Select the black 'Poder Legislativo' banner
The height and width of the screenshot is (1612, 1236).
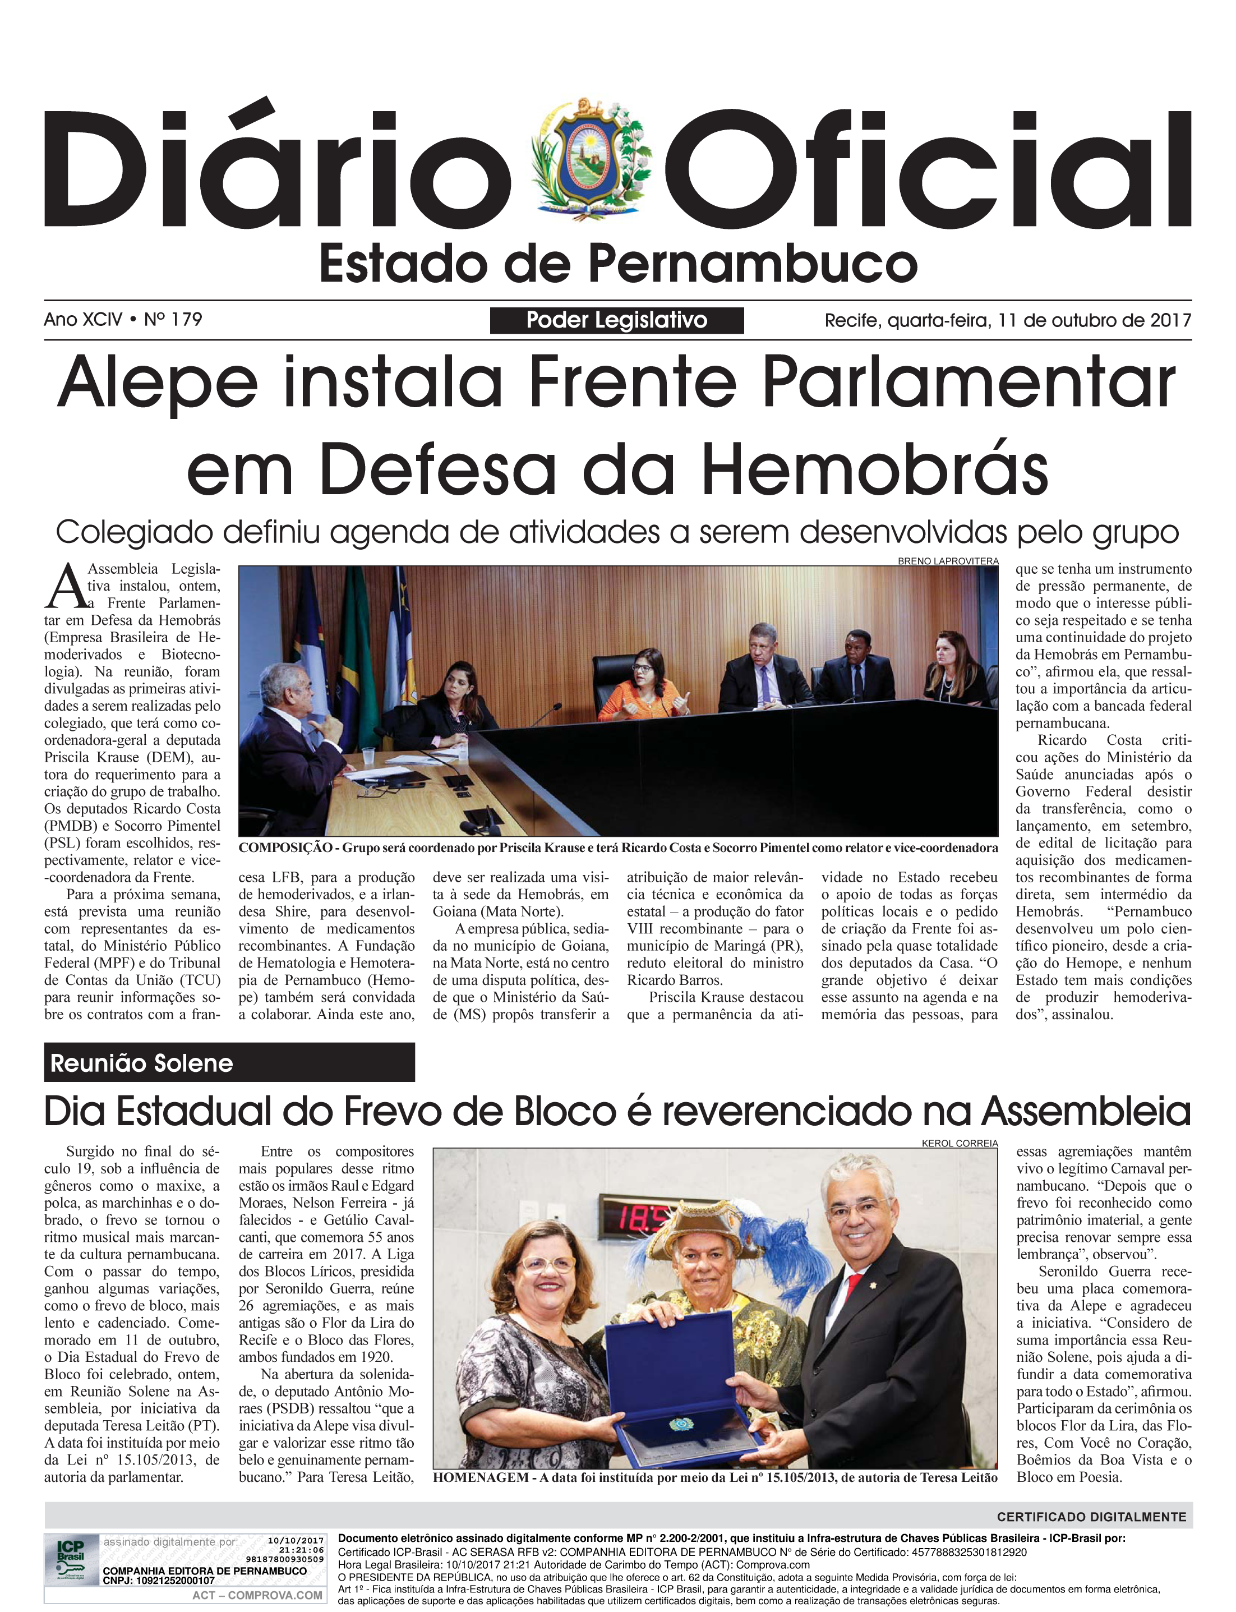[616, 320]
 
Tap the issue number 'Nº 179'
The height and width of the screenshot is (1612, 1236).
[173, 319]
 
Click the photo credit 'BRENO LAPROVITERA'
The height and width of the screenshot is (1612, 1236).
[948, 561]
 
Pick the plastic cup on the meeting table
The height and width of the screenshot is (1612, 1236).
[368, 758]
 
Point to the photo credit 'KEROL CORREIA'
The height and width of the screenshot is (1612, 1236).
[960, 1143]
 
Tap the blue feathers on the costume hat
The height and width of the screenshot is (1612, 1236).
[780, 1236]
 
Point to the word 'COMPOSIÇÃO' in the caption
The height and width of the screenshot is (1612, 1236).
[283, 848]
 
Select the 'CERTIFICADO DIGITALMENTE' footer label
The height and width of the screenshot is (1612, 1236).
[1091, 1517]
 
